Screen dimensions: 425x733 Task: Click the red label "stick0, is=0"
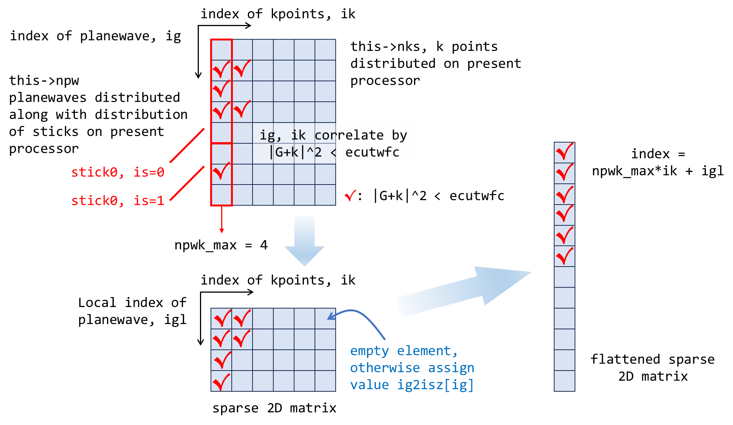[118, 172]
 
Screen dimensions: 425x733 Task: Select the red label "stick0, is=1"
[118, 201]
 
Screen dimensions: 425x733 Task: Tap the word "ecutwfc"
[372, 152]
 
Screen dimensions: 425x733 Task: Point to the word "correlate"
[349, 135]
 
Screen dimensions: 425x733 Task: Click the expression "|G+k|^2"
[296, 152]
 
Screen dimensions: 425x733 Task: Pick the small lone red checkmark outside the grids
[350, 195]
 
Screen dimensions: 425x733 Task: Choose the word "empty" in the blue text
[369, 351]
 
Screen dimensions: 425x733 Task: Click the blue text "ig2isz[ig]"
[435, 385]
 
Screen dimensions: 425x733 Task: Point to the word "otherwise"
[385, 368]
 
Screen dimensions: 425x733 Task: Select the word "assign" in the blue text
[451, 368]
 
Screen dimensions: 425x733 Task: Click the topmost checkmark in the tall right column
[564, 152]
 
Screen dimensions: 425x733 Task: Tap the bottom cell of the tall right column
[564, 381]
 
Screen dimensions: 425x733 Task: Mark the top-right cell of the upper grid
[325, 50]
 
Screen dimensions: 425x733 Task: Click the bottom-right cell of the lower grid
[325, 381]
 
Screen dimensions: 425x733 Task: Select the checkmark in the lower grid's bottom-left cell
[222, 381]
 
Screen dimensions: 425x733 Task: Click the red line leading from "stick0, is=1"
[187, 183]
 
